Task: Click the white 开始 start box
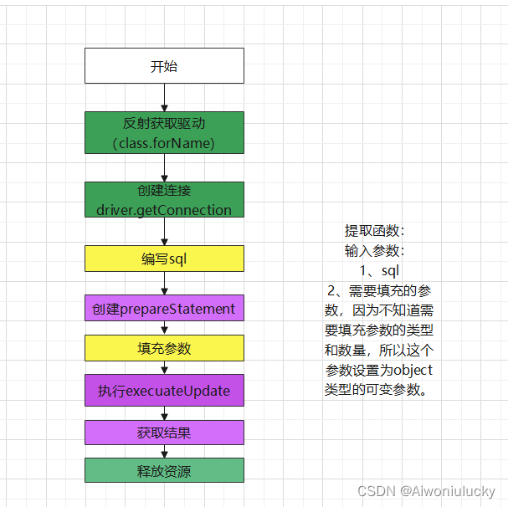click(164, 65)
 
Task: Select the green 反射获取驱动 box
click(164, 133)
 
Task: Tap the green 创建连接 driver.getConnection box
click(164, 200)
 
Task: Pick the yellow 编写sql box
click(164, 259)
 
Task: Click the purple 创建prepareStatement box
click(164, 308)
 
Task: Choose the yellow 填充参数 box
click(164, 348)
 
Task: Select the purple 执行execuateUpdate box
click(164, 391)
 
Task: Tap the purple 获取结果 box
click(164, 433)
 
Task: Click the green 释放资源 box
click(164, 470)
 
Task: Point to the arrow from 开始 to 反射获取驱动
click(164, 97)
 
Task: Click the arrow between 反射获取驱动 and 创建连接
click(164, 167)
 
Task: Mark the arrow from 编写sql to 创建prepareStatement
click(164, 283)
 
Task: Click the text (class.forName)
click(164, 143)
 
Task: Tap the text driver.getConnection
click(164, 210)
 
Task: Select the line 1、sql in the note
click(379, 271)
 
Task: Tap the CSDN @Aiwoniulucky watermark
click(426, 492)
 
